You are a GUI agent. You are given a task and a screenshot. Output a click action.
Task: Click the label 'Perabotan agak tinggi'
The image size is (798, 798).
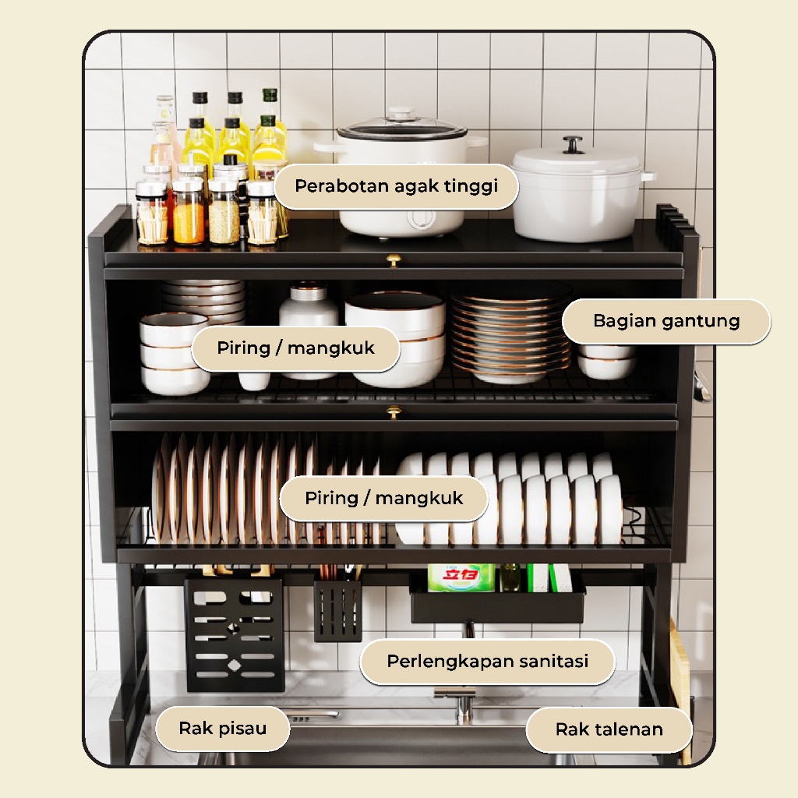click(397, 186)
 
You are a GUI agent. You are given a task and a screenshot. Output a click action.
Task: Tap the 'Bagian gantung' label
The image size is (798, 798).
click(666, 321)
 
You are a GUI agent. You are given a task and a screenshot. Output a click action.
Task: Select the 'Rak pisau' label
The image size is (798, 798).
click(222, 729)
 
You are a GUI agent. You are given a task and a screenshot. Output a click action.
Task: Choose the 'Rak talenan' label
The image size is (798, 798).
click(609, 729)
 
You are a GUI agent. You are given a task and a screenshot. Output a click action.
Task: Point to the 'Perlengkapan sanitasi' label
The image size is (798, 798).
click(488, 661)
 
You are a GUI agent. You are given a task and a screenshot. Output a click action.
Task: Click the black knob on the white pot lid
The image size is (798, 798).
click(573, 144)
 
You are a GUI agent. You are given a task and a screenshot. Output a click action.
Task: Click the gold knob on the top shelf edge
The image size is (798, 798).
click(394, 261)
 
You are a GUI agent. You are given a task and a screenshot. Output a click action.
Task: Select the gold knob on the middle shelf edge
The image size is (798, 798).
click(394, 411)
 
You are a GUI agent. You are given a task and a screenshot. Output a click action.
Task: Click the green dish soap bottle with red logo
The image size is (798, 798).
click(461, 577)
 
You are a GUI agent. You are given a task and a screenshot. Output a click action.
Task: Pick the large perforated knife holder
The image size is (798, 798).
click(235, 634)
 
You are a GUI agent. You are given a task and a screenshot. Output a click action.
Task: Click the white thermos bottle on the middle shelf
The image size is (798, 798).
click(309, 309)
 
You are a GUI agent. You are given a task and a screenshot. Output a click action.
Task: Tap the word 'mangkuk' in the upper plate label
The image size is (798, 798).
click(331, 348)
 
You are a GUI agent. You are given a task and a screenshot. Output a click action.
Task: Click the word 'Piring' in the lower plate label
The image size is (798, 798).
click(331, 498)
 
